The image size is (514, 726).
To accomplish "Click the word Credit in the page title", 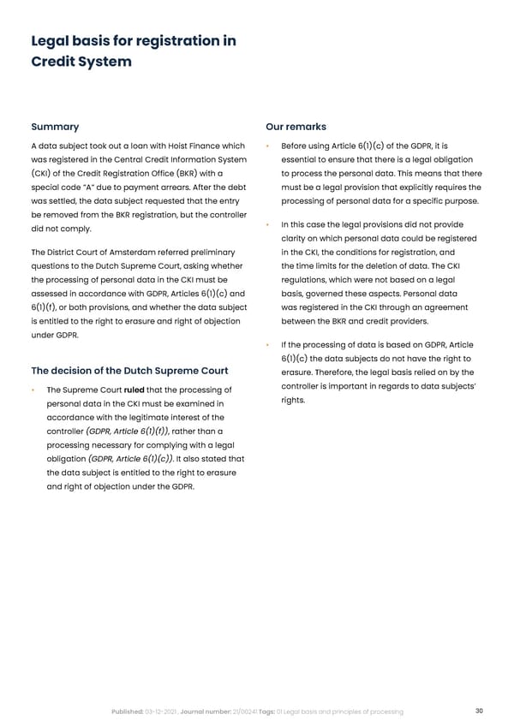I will [55, 62].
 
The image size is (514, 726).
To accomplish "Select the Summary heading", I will [55, 127].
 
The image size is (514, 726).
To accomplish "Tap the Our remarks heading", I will [296, 127].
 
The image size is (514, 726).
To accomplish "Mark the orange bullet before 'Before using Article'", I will [268, 146].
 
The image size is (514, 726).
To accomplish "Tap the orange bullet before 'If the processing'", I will [268, 345].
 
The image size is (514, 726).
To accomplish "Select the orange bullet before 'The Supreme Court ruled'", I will [32, 391].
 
